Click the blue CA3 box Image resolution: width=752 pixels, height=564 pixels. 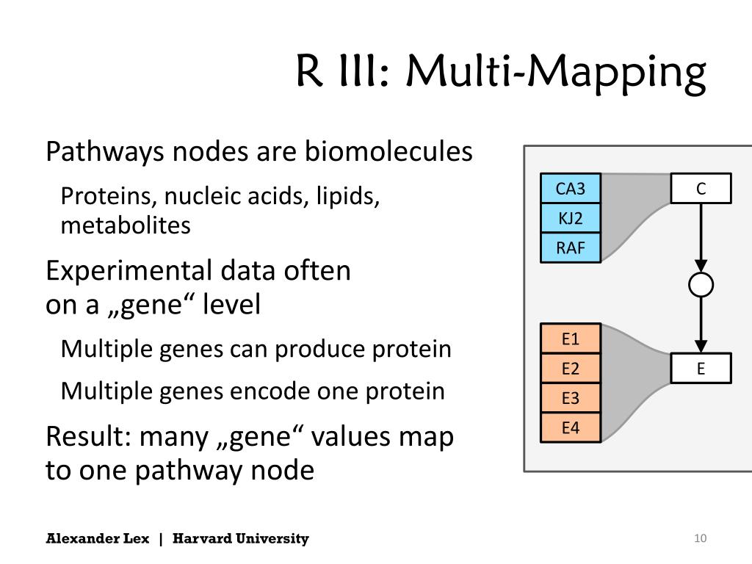pyautogui.click(x=571, y=189)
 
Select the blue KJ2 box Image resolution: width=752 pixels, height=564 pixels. pyautogui.click(x=571, y=218)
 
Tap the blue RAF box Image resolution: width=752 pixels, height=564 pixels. pyautogui.click(x=571, y=248)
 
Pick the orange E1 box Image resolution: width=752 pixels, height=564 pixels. pyautogui.click(x=571, y=339)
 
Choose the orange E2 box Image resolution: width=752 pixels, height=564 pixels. pyautogui.click(x=571, y=369)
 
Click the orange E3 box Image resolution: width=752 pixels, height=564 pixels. pyautogui.click(x=571, y=398)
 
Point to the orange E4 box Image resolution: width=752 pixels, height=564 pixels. pyautogui.click(x=571, y=427)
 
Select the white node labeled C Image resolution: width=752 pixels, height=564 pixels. pyautogui.click(x=701, y=189)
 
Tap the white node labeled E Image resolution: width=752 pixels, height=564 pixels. pyautogui.click(x=701, y=369)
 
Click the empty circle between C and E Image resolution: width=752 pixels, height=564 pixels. pyautogui.click(x=701, y=284)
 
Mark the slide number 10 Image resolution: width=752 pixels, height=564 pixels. pyautogui.click(x=700, y=539)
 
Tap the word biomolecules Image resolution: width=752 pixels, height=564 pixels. pyautogui.click(x=388, y=152)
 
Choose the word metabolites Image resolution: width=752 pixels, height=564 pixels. pyautogui.click(x=126, y=225)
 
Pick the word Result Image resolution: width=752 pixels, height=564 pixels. pyautogui.click(x=86, y=436)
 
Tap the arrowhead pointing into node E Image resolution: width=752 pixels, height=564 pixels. pyautogui.click(x=701, y=345)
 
